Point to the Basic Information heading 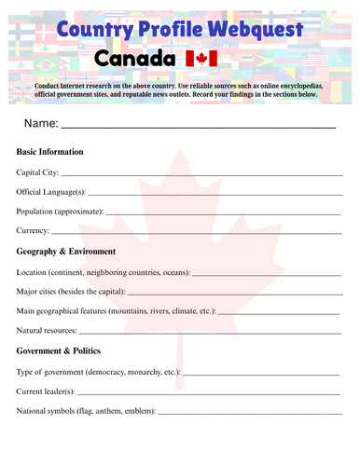[50, 152]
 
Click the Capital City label [37, 172]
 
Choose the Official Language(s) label [51, 192]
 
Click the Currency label [33, 231]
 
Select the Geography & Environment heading [66, 252]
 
